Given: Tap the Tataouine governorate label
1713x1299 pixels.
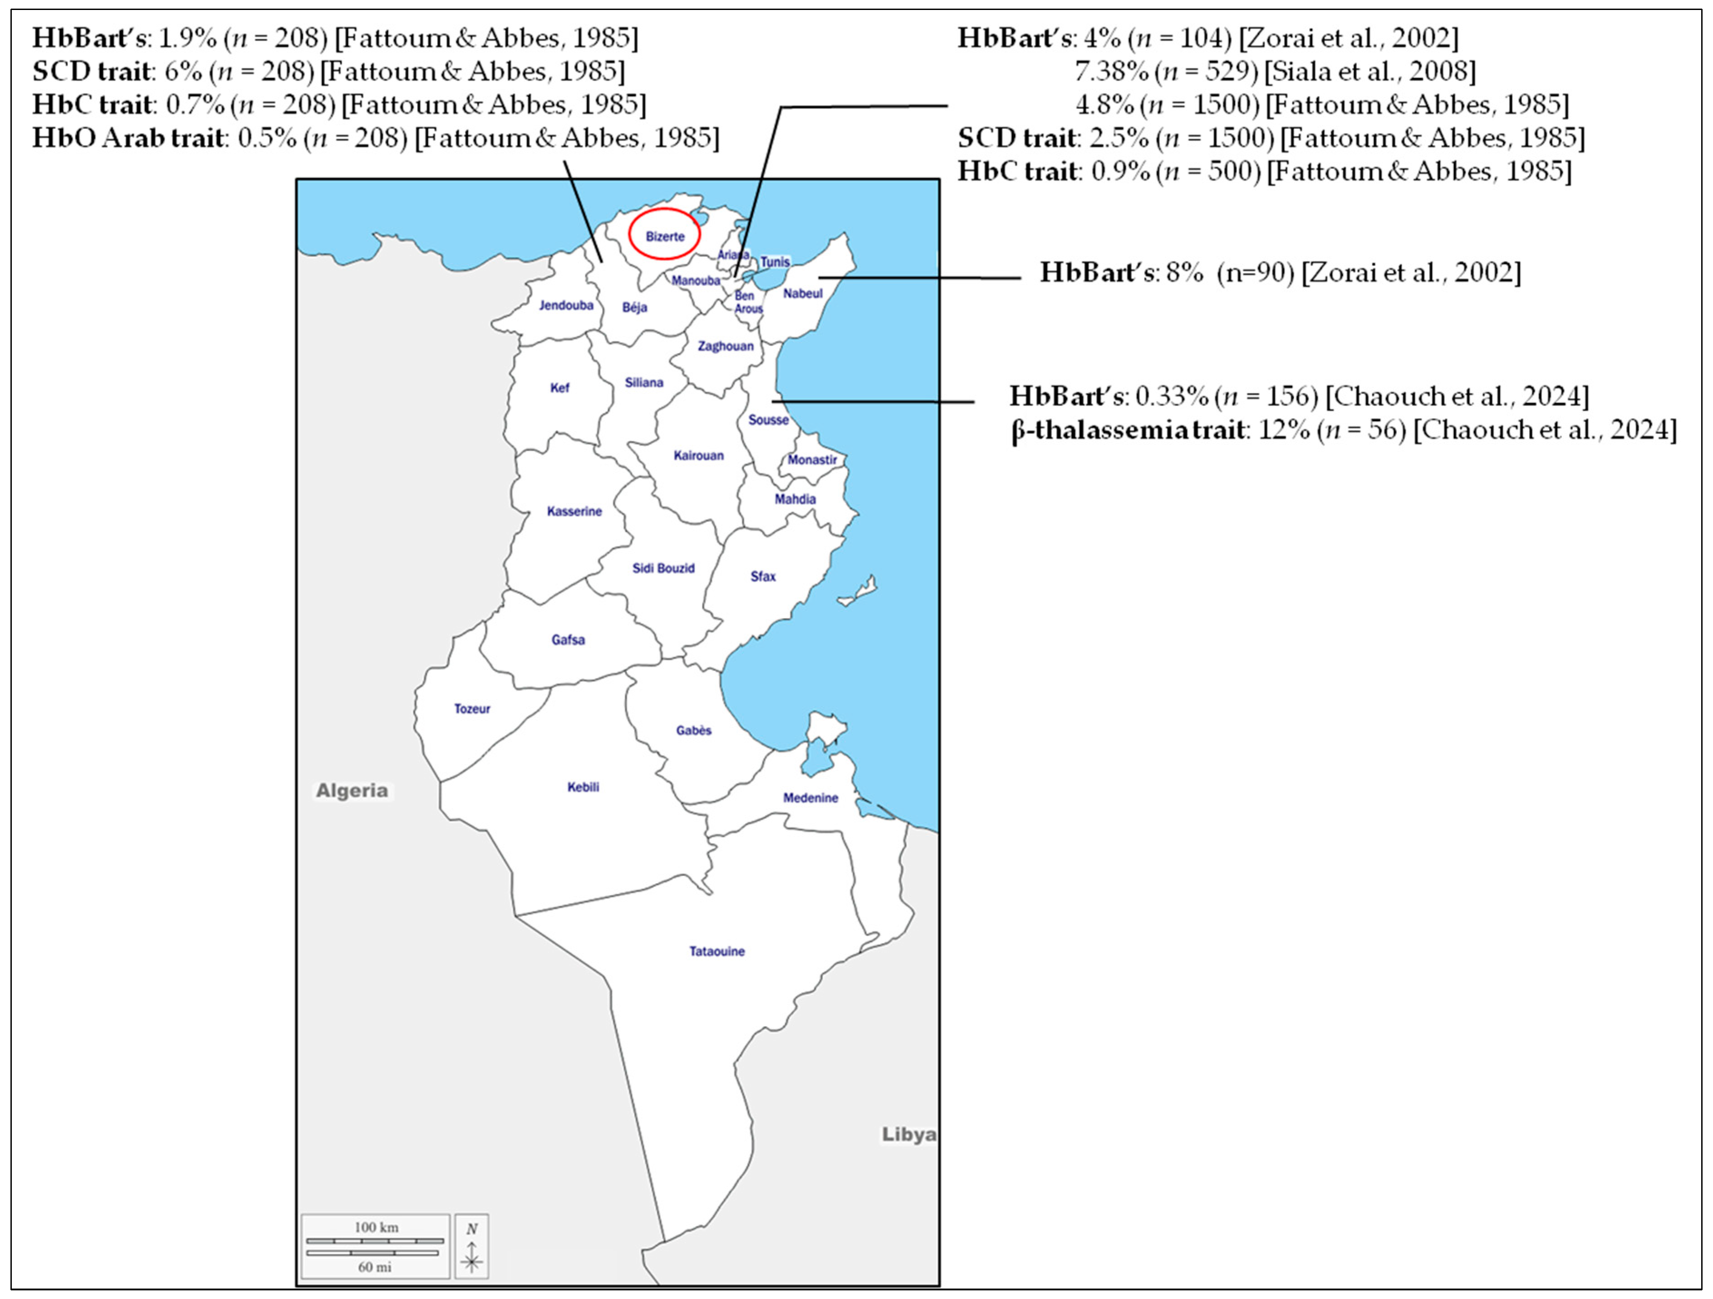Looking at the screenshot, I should [x=717, y=951].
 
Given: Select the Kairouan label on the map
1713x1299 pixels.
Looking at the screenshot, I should [x=698, y=455].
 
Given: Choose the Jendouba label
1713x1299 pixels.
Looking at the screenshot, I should [x=566, y=305].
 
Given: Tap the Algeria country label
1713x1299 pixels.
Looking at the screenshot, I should [x=352, y=791].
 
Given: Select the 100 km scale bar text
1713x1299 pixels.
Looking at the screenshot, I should [x=376, y=1227].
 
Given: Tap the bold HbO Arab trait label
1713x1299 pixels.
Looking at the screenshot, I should [x=128, y=138].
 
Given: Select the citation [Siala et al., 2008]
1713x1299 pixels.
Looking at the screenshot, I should [x=1369, y=71].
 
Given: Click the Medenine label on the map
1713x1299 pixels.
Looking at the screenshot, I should [x=810, y=798].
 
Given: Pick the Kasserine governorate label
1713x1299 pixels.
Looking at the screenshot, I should [x=574, y=511].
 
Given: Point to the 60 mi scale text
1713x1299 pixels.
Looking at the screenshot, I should [x=375, y=1267].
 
